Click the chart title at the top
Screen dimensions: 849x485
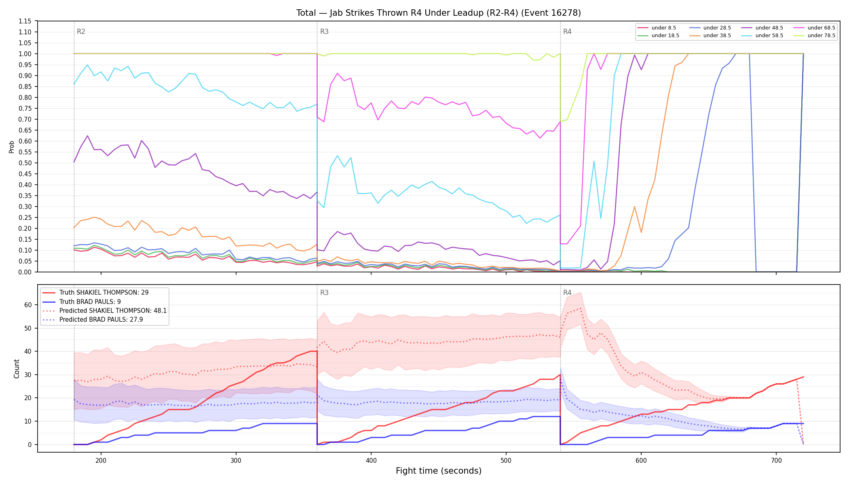click(x=439, y=13)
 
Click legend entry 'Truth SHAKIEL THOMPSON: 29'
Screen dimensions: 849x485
click(x=95, y=293)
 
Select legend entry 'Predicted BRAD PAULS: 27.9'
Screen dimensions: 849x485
click(x=93, y=320)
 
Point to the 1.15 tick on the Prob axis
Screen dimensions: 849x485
click(x=25, y=21)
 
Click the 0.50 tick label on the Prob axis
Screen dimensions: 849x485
click(x=25, y=163)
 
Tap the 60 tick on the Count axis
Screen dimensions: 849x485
click(x=28, y=305)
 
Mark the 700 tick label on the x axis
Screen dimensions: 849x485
click(x=776, y=460)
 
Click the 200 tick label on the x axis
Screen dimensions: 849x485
click(x=101, y=460)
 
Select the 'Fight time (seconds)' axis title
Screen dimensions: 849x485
click(x=439, y=471)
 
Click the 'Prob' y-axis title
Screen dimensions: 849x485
click(x=12, y=147)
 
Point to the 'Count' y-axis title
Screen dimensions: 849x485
click(x=17, y=369)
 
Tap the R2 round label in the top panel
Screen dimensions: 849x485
click(x=81, y=32)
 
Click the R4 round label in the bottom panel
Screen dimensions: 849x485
click(x=567, y=293)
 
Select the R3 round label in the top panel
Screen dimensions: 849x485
click(x=324, y=32)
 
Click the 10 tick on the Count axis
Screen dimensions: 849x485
click(x=28, y=421)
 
